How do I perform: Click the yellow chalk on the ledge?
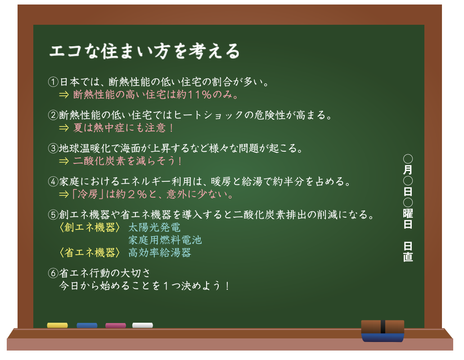pos(58,325)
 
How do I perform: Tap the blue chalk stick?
pos(87,325)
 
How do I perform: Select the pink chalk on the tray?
pos(116,325)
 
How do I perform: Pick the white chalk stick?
pos(143,325)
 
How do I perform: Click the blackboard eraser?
pos(383,331)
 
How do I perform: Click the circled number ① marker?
pos(53,81)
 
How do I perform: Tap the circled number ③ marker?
pos(53,148)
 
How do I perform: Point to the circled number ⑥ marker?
pos(53,273)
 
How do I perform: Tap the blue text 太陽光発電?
pos(154,227)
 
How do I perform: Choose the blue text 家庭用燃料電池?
pos(165,240)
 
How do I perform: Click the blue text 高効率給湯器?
pos(160,252)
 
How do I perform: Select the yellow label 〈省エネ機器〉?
pos(90,252)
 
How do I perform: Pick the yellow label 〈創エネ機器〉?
pos(90,227)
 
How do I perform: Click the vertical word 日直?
pos(408,252)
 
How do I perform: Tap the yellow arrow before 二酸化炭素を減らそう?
pos(63,161)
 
